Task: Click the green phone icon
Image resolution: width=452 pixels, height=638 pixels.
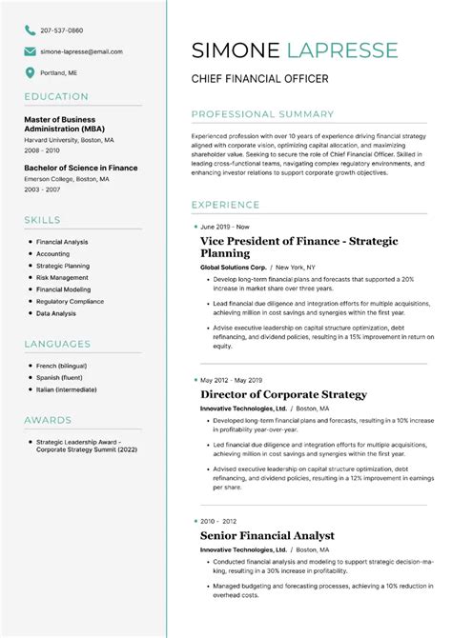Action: pos(31,30)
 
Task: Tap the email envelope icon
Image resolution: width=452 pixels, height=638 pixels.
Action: pos(31,51)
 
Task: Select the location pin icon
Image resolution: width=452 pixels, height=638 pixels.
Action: pos(31,72)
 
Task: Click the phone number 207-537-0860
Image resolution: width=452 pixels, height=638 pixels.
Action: pos(61,30)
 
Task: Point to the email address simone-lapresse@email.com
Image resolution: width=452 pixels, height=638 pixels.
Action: pos(81,51)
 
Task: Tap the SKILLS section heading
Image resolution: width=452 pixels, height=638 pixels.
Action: pos(42,221)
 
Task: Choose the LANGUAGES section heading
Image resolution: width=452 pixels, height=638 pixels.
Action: pos(57,344)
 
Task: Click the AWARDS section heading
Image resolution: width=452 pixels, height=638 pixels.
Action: pos(48,420)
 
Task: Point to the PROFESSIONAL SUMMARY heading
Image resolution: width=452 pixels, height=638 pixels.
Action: pos(262,114)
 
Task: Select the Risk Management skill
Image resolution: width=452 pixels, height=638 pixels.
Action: pos(62,278)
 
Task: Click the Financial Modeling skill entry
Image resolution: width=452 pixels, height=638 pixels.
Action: pos(64,289)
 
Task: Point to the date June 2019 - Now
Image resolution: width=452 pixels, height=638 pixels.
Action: pos(224,228)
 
